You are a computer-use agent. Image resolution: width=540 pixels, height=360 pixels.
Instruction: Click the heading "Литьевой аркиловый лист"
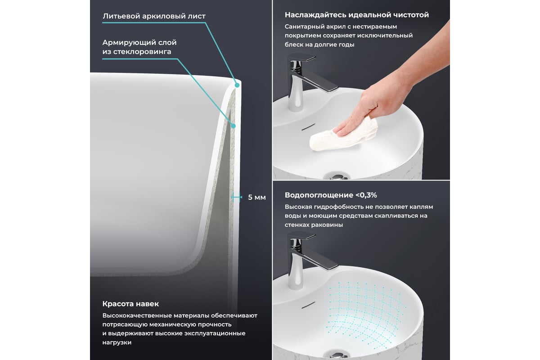tap(154, 16)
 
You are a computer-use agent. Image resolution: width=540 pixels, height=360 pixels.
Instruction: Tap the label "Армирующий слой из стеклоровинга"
tap(139, 47)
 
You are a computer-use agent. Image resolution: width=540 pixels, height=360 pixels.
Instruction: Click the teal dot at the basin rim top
tap(237, 85)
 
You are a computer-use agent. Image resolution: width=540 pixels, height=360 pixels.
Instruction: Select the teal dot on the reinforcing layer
tap(233, 126)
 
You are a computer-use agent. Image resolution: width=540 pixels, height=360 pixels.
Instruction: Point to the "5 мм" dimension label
tap(257, 198)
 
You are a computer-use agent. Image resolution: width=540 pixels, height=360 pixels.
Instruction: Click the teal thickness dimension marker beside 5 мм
tap(236, 197)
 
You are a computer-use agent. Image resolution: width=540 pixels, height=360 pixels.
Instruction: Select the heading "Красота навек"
tap(130, 304)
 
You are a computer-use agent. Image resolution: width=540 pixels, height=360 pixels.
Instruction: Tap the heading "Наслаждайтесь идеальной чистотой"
tap(357, 15)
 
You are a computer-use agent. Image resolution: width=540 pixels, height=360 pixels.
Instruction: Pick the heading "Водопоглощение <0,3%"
tap(331, 195)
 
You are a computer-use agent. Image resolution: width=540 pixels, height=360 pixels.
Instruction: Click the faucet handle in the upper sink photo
tap(302, 58)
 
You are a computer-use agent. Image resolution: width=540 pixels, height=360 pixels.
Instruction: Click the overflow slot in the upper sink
tap(308, 127)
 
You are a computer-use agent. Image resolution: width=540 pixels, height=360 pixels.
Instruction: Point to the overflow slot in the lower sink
tap(308, 305)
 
